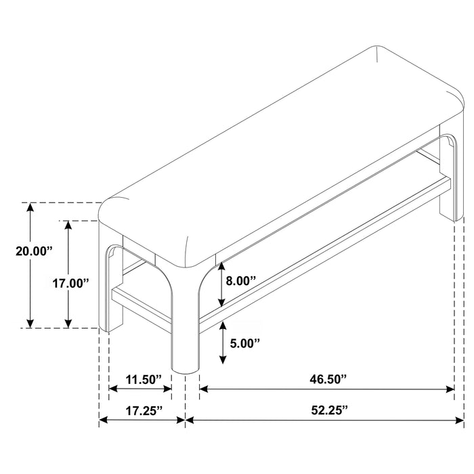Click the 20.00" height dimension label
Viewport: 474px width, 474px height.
click(x=34, y=251)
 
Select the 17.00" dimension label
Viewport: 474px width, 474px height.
click(x=71, y=284)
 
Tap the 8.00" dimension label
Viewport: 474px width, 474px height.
click(x=241, y=281)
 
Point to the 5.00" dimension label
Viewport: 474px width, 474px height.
click(x=245, y=343)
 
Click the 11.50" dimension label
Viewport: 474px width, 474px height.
click(x=144, y=379)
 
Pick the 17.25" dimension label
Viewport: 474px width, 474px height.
click(x=144, y=410)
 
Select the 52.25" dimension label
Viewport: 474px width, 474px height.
click(x=330, y=410)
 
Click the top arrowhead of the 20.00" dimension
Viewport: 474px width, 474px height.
click(x=30, y=207)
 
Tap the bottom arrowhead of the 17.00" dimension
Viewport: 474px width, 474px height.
click(x=68, y=323)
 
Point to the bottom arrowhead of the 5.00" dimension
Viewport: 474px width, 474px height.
click(x=223, y=360)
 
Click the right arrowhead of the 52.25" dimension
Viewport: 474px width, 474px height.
click(x=459, y=420)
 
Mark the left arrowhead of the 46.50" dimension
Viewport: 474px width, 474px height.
click(x=204, y=389)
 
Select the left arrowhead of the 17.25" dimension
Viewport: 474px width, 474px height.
click(x=104, y=420)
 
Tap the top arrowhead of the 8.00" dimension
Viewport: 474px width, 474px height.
click(x=221, y=266)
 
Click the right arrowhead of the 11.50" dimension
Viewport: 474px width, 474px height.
click(x=167, y=389)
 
